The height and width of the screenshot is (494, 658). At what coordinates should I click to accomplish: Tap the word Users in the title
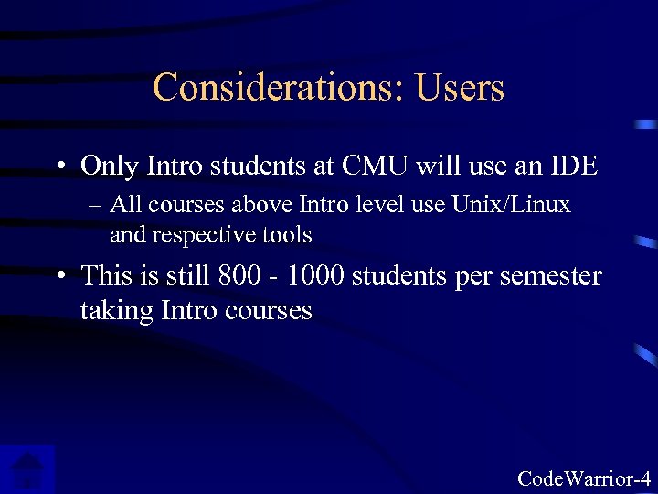460,88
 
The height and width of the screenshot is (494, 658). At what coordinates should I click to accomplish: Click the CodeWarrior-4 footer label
584,478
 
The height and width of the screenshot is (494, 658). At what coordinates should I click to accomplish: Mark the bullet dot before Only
60,167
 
